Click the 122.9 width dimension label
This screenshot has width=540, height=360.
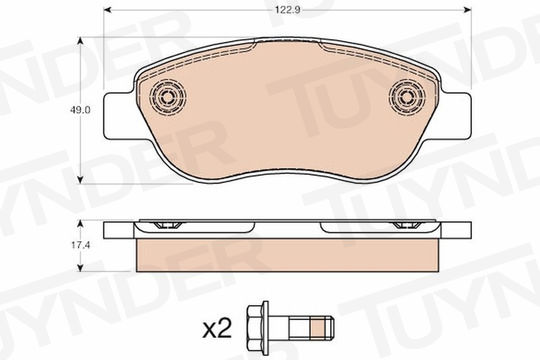[x=288, y=10]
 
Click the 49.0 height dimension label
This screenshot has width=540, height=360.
[x=80, y=110]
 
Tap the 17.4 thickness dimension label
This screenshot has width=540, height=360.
[x=80, y=245]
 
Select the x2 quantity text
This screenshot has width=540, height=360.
[x=217, y=330]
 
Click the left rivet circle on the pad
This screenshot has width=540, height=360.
[x=168, y=97]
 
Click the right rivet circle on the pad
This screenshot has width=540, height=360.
[x=407, y=97]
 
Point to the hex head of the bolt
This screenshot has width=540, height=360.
[x=258, y=329]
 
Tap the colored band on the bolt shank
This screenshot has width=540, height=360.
[x=318, y=328]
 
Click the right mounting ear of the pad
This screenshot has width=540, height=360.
[x=456, y=116]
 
